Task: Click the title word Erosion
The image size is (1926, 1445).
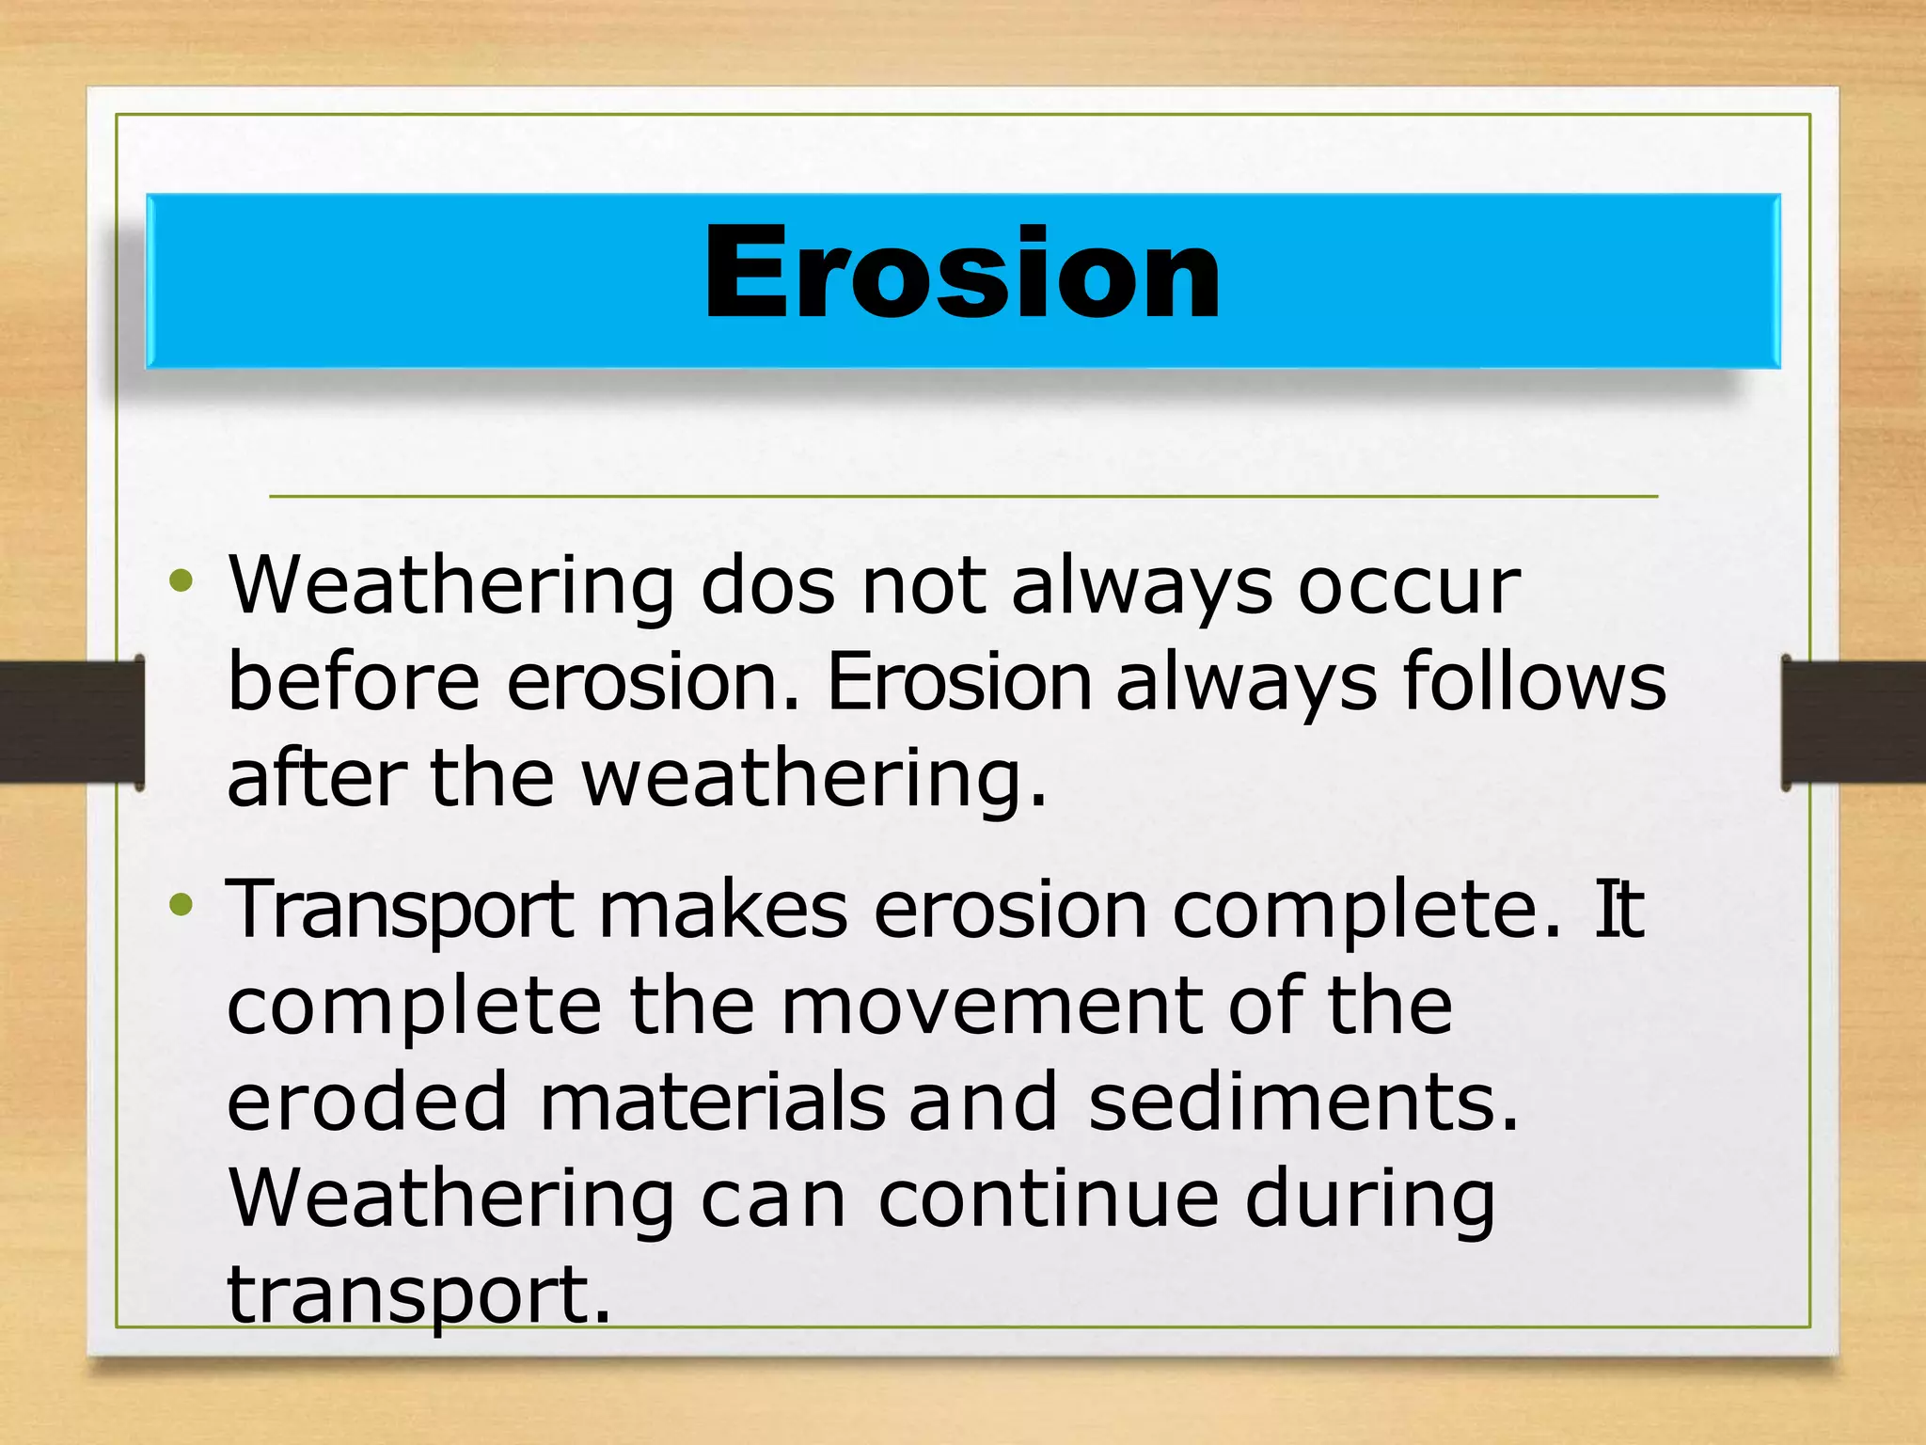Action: click(x=962, y=275)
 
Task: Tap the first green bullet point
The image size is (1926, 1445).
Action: click(x=181, y=581)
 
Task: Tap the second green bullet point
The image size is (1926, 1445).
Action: click(x=181, y=906)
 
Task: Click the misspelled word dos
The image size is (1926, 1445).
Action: click(x=768, y=586)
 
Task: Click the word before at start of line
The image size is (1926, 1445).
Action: click(x=353, y=681)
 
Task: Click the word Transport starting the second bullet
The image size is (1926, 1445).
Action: click(x=400, y=911)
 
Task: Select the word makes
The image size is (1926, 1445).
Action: click(x=723, y=911)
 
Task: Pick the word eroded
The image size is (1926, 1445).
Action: click(x=368, y=1103)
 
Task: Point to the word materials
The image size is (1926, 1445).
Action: click(x=712, y=1103)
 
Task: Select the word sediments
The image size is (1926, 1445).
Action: click(x=1302, y=1103)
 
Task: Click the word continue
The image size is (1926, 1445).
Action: click(x=1049, y=1199)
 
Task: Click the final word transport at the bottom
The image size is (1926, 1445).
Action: click(x=418, y=1296)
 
